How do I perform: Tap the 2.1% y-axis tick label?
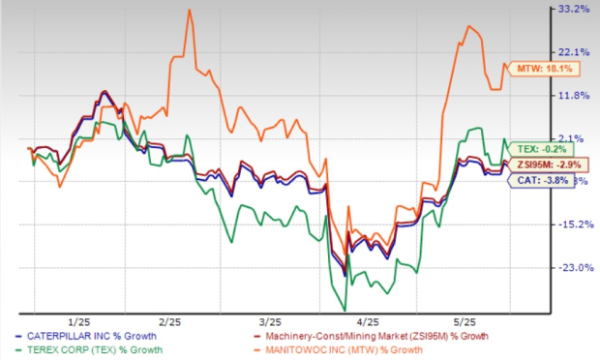pos(572,137)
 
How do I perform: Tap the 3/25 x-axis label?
pos(271,320)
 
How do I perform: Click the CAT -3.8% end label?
pos(532,181)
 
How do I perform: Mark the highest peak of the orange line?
pos(189,10)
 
